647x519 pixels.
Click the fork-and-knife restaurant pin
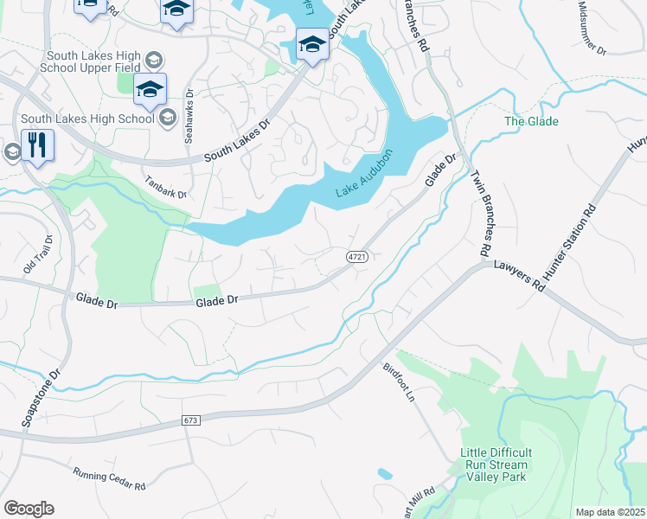[x=37, y=144]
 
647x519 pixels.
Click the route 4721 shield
[x=357, y=257]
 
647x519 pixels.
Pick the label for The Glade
[x=531, y=121]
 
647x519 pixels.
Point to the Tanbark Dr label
[x=166, y=188]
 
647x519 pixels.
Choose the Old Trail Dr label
[x=38, y=255]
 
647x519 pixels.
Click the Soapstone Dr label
[x=39, y=398]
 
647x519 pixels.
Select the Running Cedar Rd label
[x=109, y=477]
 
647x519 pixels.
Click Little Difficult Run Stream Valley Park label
[x=496, y=465]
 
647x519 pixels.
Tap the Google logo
[x=29, y=509]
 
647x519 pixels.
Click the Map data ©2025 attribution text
[x=610, y=512]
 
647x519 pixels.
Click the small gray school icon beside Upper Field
[x=153, y=60]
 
